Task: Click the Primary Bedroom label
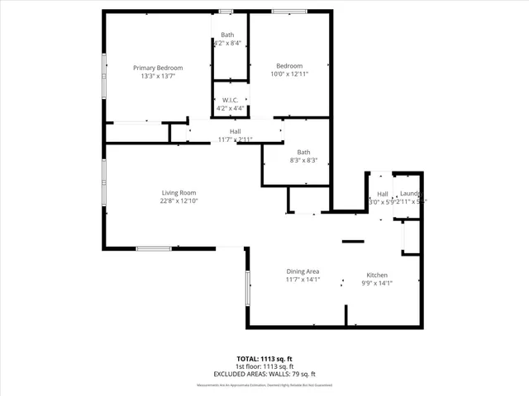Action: coord(158,68)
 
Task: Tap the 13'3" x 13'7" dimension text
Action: coord(158,76)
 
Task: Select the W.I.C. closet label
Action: coord(231,100)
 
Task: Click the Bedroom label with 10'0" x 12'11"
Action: coord(289,66)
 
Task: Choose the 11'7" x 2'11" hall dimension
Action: coord(235,140)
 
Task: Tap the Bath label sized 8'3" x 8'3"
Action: coord(304,152)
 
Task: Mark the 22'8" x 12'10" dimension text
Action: coord(179,201)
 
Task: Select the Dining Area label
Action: coord(303,272)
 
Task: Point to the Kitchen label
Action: coord(377,275)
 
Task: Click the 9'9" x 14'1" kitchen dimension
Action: coord(377,283)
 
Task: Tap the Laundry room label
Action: coord(411,193)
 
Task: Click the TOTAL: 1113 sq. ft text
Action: coord(264,360)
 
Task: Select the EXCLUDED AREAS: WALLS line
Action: coord(264,374)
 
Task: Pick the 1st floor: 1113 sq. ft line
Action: coord(264,367)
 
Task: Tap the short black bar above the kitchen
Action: coord(353,242)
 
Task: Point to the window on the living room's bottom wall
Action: coord(154,247)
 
